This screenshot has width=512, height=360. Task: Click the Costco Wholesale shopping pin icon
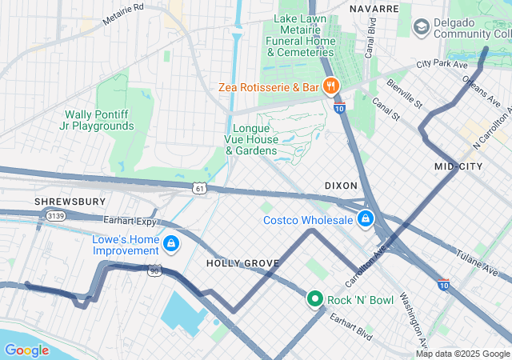pyautogui.click(x=366, y=218)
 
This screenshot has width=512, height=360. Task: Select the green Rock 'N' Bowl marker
pyautogui.click(x=315, y=299)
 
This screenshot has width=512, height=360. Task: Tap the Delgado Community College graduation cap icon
pyautogui.click(x=421, y=28)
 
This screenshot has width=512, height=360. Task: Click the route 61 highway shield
pyautogui.click(x=198, y=187)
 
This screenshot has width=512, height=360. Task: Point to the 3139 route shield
pyautogui.click(x=55, y=215)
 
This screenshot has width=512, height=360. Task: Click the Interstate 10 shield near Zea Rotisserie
pyautogui.click(x=339, y=107)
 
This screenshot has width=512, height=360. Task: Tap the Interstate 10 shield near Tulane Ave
pyautogui.click(x=444, y=283)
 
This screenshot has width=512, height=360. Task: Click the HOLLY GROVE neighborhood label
pyautogui.click(x=242, y=262)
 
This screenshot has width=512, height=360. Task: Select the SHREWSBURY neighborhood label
pyautogui.click(x=70, y=201)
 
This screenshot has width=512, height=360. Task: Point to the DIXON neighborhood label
pyautogui.click(x=341, y=185)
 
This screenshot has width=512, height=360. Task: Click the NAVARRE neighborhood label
pyautogui.click(x=374, y=8)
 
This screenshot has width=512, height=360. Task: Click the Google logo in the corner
pyautogui.click(x=27, y=350)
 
